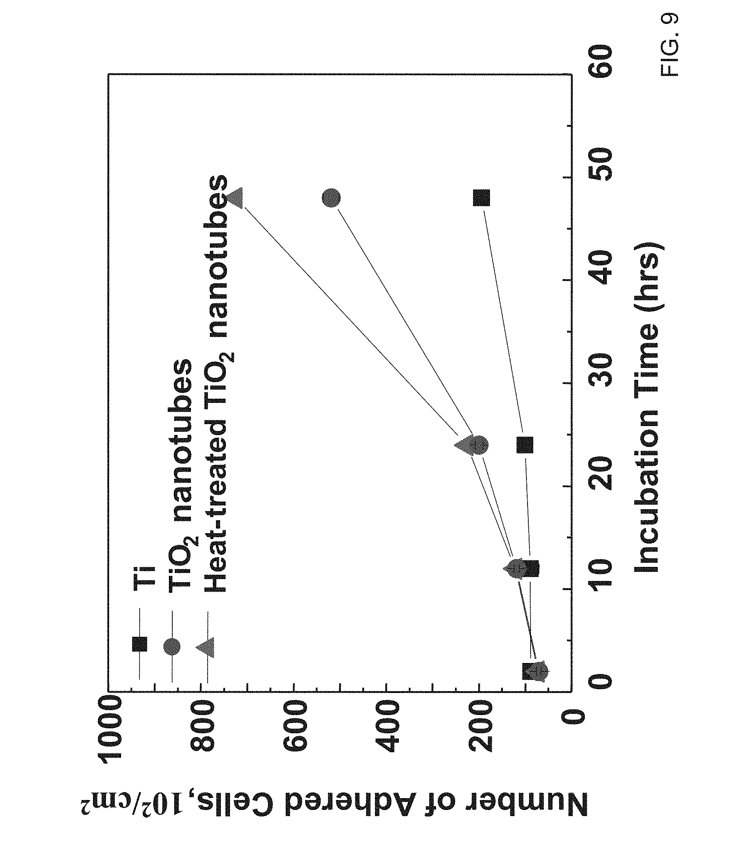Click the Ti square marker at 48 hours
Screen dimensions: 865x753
coord(482,197)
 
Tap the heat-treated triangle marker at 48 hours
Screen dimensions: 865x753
coord(235,197)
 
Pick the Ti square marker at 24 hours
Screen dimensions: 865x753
coord(525,445)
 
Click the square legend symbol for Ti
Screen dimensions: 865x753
coord(140,644)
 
